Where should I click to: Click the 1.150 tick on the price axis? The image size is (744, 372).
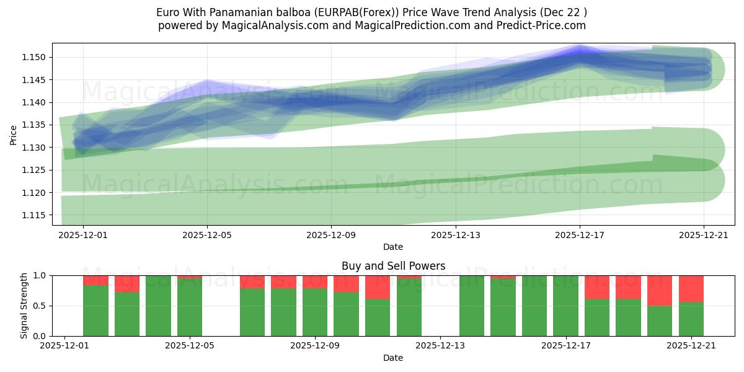(x=36, y=58)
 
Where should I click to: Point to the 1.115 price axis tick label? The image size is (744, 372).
(x=36, y=215)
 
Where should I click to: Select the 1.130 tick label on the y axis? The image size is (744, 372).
(x=36, y=148)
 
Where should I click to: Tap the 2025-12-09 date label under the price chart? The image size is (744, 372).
(x=331, y=236)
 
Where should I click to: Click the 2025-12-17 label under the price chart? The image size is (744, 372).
(x=579, y=236)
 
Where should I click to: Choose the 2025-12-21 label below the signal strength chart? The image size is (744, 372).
(x=691, y=347)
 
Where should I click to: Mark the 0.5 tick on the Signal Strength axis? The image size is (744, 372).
(x=41, y=306)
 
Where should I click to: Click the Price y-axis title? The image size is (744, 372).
(x=14, y=135)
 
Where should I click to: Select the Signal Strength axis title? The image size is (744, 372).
(x=24, y=306)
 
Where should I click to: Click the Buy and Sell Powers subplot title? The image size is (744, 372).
(x=393, y=266)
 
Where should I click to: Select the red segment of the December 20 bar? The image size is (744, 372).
(x=660, y=290)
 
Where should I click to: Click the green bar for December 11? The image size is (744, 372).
(x=378, y=317)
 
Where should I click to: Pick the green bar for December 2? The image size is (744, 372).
(x=96, y=311)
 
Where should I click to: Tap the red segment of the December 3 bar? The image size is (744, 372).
(x=127, y=283)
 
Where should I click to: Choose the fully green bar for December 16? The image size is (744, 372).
(x=534, y=306)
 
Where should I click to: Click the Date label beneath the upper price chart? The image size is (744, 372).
(x=393, y=247)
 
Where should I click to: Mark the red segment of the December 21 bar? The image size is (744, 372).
(x=691, y=288)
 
